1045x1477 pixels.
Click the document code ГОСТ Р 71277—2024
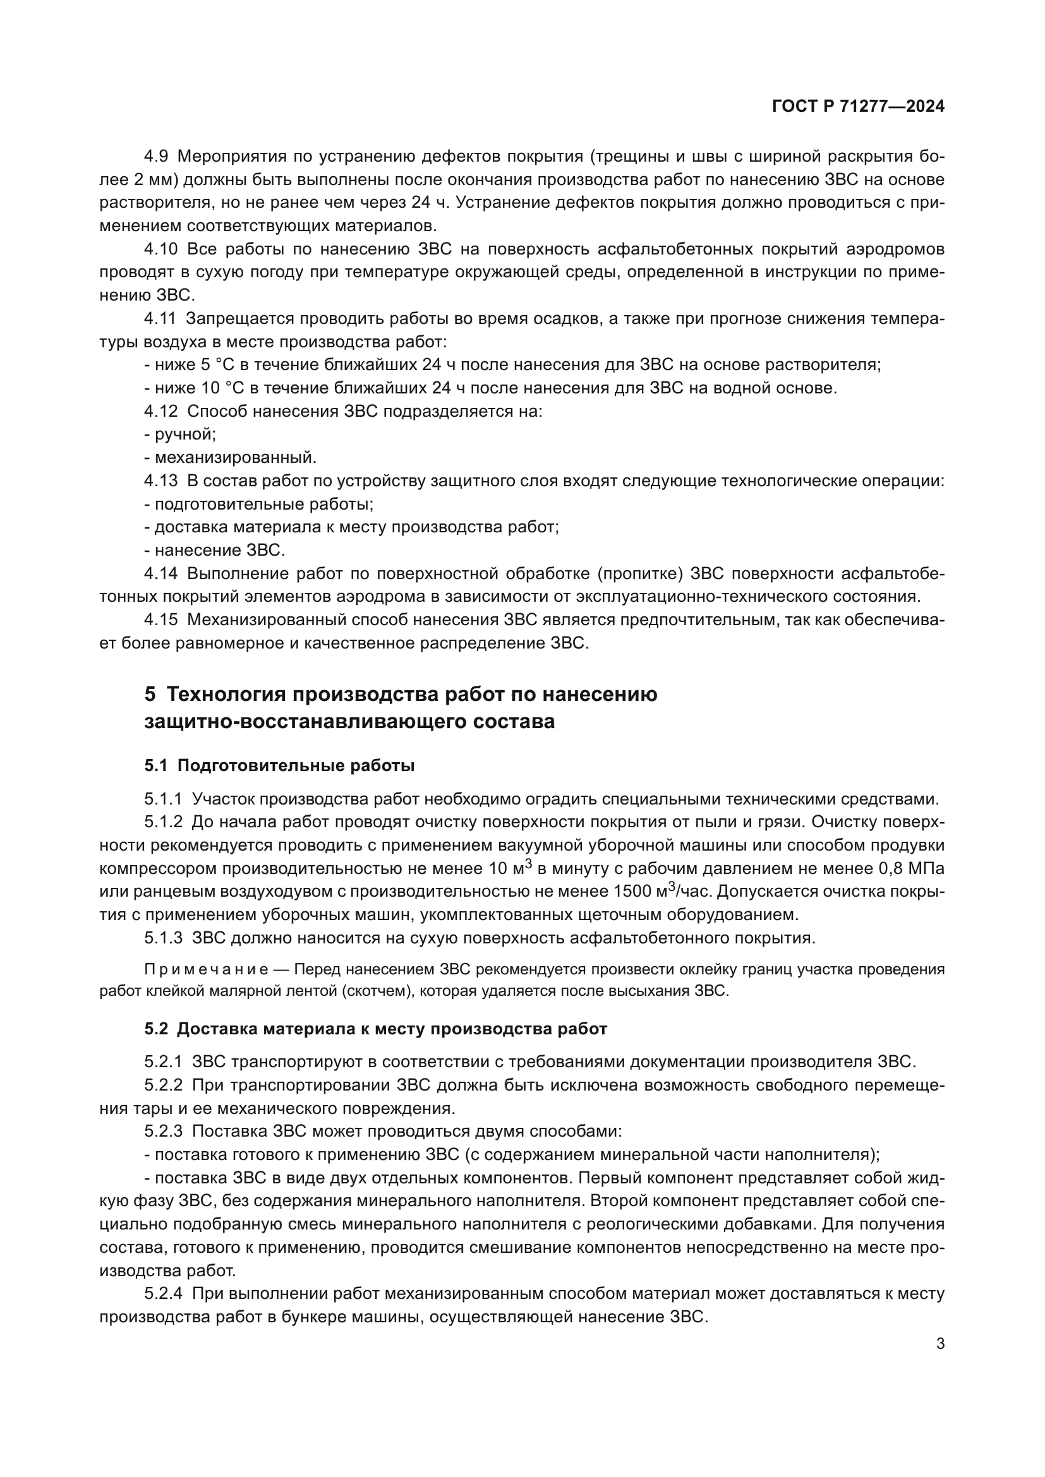[858, 107]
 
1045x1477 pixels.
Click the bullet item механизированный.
[231, 457]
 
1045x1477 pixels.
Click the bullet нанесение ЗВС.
[214, 550]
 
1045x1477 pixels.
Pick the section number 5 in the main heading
[150, 694]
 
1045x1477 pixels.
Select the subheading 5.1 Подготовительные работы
[279, 765]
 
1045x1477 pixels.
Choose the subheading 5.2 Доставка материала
[375, 1029]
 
